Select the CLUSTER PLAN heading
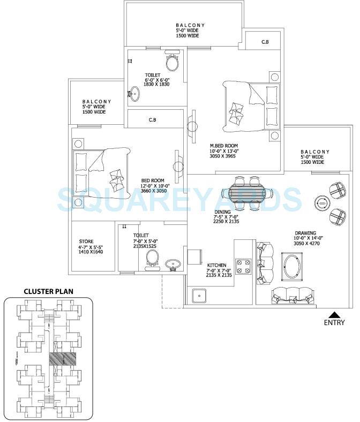pos(48,292)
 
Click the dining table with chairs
pos(247,192)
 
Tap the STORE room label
pos(86,242)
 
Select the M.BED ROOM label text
pos(223,146)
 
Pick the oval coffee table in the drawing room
pos(292,265)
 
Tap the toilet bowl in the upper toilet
pos(172,62)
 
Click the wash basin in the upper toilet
pos(134,95)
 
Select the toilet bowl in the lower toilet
pos(152,259)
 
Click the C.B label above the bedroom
pos(153,120)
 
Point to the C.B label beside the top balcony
pos(265,41)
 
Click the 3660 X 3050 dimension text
pos(153,192)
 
